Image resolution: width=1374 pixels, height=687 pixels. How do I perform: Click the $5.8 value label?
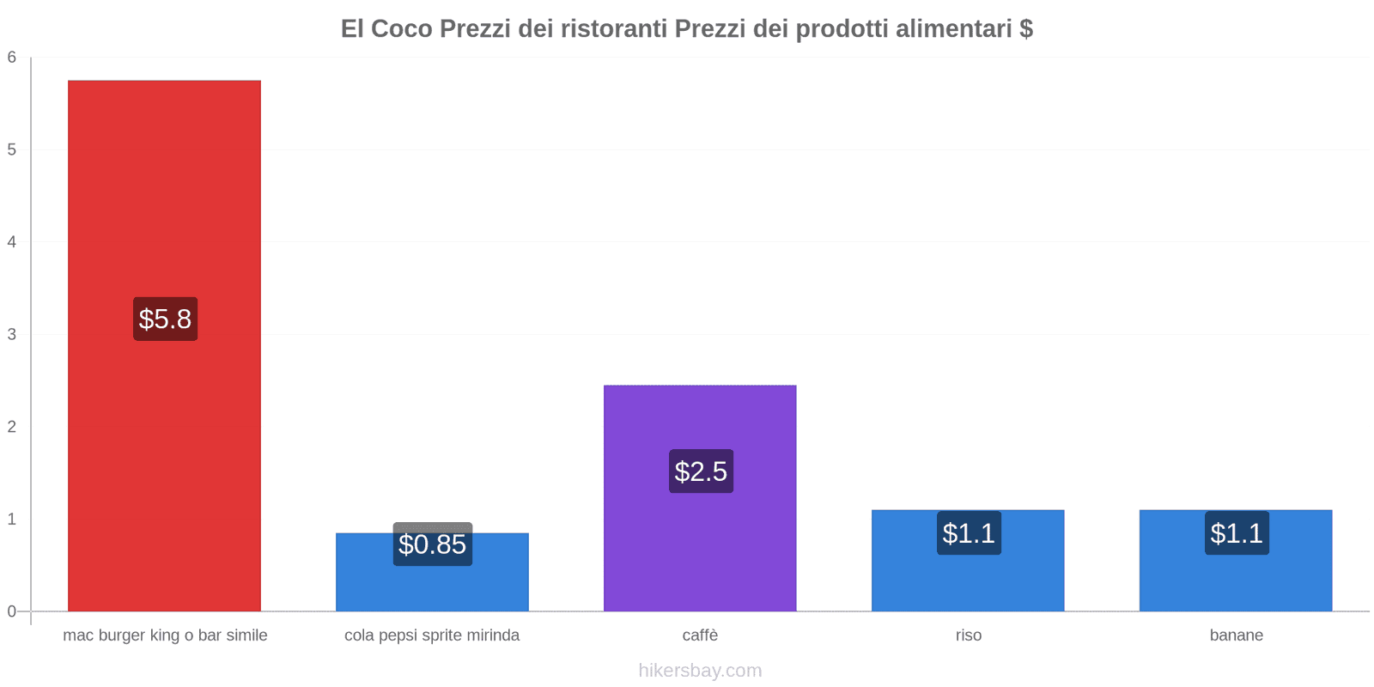click(x=165, y=319)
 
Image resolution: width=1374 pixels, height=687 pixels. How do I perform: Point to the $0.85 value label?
click(x=432, y=544)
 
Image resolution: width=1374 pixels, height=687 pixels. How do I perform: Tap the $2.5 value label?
click(x=701, y=471)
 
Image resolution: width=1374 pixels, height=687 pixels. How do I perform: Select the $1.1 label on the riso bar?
click(x=969, y=533)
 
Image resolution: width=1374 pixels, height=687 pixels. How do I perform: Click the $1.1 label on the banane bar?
click(x=1237, y=533)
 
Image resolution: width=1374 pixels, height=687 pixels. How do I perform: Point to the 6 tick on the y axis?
click(x=12, y=58)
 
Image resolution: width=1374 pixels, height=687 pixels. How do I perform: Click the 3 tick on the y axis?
click(x=12, y=334)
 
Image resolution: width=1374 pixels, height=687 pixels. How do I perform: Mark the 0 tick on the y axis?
click(x=12, y=611)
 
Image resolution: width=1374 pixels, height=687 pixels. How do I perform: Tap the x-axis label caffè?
click(x=700, y=635)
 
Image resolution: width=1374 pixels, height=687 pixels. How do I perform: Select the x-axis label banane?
click(x=1236, y=635)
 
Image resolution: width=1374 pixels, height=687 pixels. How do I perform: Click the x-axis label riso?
click(x=968, y=635)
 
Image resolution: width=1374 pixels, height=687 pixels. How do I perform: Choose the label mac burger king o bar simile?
click(x=165, y=635)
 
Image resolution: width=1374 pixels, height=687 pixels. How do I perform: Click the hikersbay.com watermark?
click(x=700, y=671)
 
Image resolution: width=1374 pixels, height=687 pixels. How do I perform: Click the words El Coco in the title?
click(x=386, y=29)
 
